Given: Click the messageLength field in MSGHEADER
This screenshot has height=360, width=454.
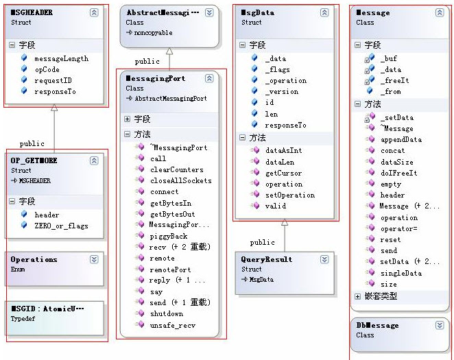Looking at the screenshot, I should point(61,59).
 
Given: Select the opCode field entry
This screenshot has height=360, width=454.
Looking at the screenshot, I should point(46,70).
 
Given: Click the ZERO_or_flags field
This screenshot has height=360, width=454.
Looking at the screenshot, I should point(61,226).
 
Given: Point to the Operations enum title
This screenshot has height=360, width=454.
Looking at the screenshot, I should point(34,260).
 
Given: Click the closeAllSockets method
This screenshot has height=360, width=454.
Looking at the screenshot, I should point(180,181).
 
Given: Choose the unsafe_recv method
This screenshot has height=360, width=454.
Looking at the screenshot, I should point(172,325).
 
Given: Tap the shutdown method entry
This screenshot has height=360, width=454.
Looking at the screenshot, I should point(167,314).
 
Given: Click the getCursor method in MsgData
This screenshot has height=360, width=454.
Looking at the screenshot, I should point(283,173).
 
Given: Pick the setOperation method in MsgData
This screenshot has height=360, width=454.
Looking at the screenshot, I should point(290,195).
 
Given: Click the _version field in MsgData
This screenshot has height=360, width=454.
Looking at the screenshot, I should point(281,92).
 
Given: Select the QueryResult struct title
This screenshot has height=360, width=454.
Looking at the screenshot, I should point(267,260).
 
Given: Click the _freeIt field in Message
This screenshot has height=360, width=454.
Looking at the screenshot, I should point(395,80).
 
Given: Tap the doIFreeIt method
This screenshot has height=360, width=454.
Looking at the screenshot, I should point(398,173).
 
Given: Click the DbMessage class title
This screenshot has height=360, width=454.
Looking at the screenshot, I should point(377,325).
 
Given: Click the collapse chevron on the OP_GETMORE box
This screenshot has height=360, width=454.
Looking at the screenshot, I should point(94,160).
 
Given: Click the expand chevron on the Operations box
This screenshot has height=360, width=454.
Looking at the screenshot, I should point(94,260).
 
